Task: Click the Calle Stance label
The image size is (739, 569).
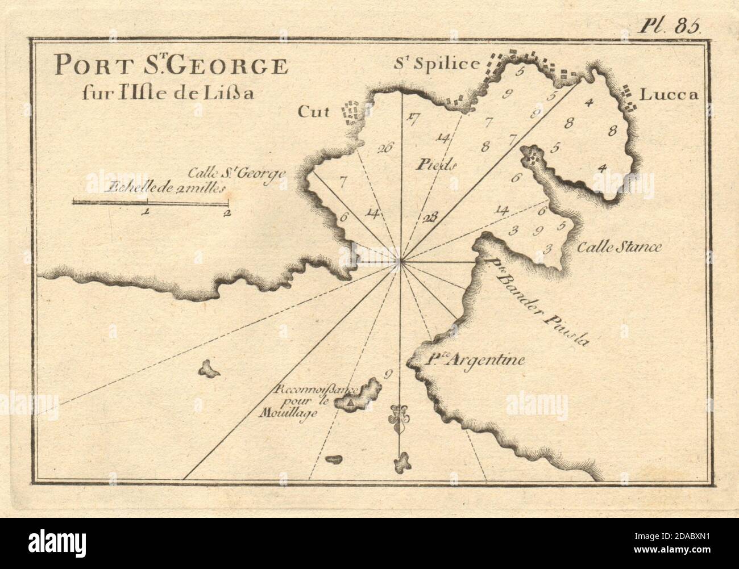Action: pyautogui.click(x=620, y=247)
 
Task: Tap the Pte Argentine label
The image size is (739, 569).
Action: pyautogui.click(x=475, y=359)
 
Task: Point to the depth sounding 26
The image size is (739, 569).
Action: pyautogui.click(x=385, y=149)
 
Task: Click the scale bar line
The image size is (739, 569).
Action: pyautogui.click(x=150, y=201)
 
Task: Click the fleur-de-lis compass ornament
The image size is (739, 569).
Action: pyautogui.click(x=400, y=419)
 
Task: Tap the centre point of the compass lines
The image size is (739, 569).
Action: pyautogui.click(x=401, y=262)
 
